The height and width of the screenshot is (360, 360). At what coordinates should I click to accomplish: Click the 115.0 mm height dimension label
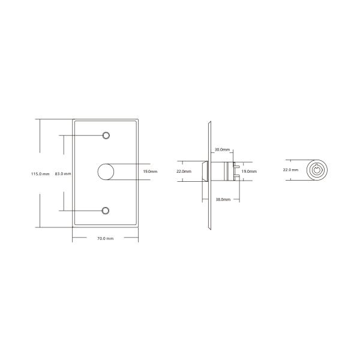click(x=40, y=174)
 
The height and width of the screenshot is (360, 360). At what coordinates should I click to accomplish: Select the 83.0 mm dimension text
click(x=63, y=174)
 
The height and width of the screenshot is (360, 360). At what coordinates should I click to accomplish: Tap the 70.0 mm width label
click(x=106, y=239)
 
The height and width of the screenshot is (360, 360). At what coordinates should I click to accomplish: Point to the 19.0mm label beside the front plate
click(x=150, y=172)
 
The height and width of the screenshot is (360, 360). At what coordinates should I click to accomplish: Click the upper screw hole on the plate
click(x=106, y=135)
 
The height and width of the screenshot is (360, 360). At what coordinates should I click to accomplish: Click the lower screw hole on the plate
click(x=106, y=210)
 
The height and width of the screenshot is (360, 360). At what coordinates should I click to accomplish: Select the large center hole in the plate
click(x=106, y=172)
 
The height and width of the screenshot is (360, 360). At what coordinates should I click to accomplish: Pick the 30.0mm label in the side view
click(x=223, y=149)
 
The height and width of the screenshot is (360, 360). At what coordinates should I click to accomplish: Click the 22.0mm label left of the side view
click(x=184, y=172)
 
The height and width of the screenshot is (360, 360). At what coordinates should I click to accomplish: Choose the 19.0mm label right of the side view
click(x=248, y=172)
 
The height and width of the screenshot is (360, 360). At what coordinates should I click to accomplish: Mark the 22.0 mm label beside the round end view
click(x=291, y=170)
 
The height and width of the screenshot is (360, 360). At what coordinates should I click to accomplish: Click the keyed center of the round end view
click(x=316, y=170)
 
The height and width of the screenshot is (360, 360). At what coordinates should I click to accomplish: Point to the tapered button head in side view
click(x=205, y=170)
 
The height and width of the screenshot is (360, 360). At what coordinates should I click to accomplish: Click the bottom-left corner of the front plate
click(x=73, y=226)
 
